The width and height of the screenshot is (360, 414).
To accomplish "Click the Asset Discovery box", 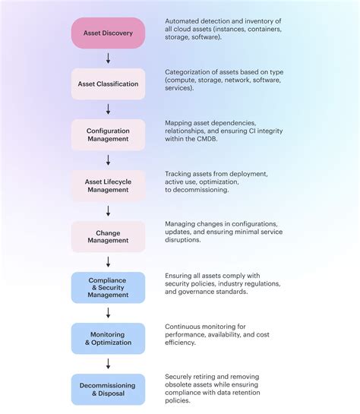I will click(x=108, y=33).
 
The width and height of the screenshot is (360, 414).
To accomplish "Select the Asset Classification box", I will click(x=108, y=84).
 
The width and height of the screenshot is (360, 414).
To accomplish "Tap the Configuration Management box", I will click(x=108, y=134).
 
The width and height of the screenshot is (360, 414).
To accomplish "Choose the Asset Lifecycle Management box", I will click(x=108, y=185).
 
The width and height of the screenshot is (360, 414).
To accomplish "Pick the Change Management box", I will click(x=108, y=236).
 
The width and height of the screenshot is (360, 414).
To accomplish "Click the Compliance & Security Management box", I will click(x=108, y=287).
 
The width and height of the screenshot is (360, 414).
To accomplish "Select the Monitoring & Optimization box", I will click(x=108, y=338).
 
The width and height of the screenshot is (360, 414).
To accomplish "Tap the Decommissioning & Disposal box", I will click(x=108, y=389).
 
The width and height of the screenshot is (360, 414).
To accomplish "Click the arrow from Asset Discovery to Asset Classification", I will click(x=108, y=58).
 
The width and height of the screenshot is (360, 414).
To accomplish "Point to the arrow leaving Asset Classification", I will click(x=108, y=109).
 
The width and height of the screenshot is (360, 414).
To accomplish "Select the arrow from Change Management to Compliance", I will click(x=108, y=262).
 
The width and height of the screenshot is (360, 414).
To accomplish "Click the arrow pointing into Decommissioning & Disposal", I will click(x=108, y=364).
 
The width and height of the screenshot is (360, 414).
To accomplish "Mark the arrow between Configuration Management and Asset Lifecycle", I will click(x=108, y=160).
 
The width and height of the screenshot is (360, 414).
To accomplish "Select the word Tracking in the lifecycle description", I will click(x=178, y=174).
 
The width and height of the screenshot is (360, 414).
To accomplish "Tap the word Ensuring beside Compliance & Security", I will click(x=180, y=276).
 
